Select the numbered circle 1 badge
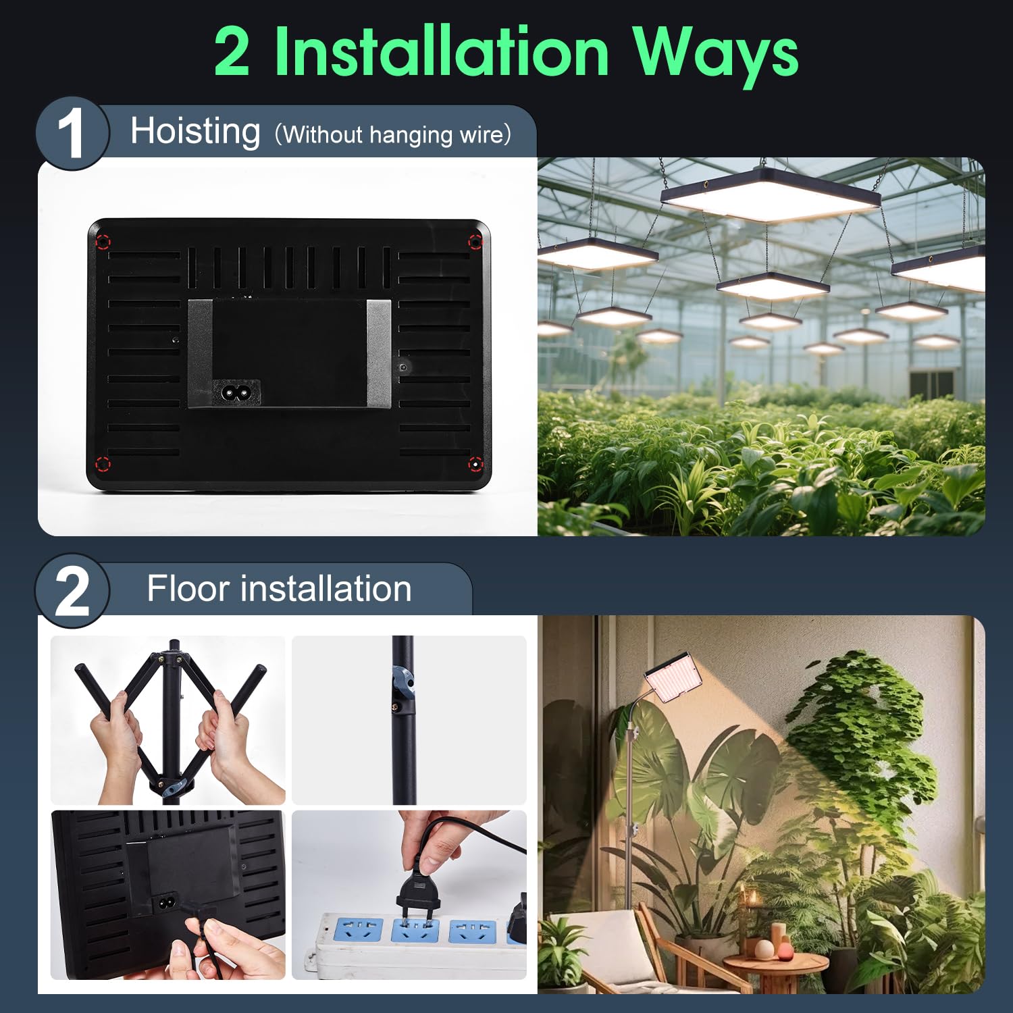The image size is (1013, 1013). tap(71, 133)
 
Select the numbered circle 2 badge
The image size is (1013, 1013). tap(71, 591)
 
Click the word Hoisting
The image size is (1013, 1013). tap(195, 132)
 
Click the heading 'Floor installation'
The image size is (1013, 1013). tap(279, 588)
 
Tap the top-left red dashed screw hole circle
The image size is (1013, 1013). tap(102, 242)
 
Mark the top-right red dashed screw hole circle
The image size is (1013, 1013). tap(475, 242)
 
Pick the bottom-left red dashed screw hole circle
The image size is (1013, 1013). tap(102, 464)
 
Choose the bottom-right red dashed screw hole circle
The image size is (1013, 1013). tap(475, 464)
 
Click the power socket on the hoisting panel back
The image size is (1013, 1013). tap(236, 392)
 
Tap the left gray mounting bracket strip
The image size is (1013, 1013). tap(200, 353)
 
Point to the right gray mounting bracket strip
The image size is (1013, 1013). tap(378, 353)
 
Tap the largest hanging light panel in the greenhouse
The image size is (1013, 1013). tap(771, 195)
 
